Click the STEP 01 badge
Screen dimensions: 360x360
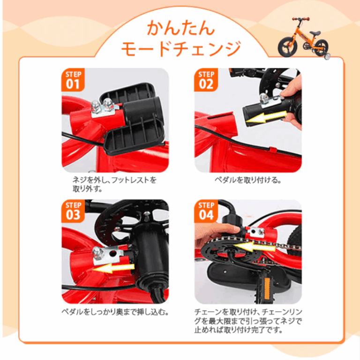point(74,81)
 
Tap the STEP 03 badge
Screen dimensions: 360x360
point(74,212)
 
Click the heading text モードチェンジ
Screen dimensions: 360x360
point(180,48)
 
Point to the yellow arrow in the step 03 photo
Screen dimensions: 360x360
point(112,267)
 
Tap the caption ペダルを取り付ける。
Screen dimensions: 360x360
point(248,180)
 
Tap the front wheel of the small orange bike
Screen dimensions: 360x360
point(286,47)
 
